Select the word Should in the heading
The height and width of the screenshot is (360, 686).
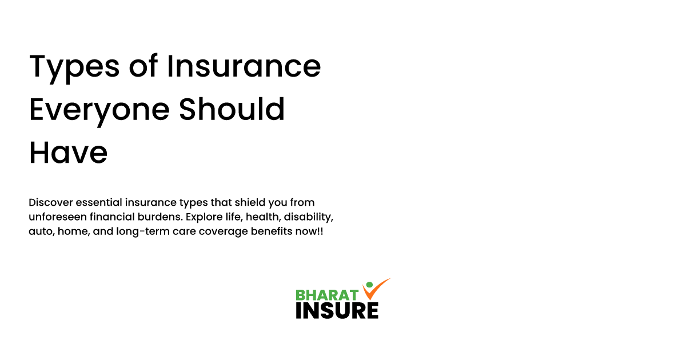pos(232,110)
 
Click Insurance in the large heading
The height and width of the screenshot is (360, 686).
pos(244,67)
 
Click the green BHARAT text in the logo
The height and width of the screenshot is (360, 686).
pos(327,295)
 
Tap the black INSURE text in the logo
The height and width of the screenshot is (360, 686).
pos(337,310)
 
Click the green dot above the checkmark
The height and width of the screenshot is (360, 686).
pos(369,285)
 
